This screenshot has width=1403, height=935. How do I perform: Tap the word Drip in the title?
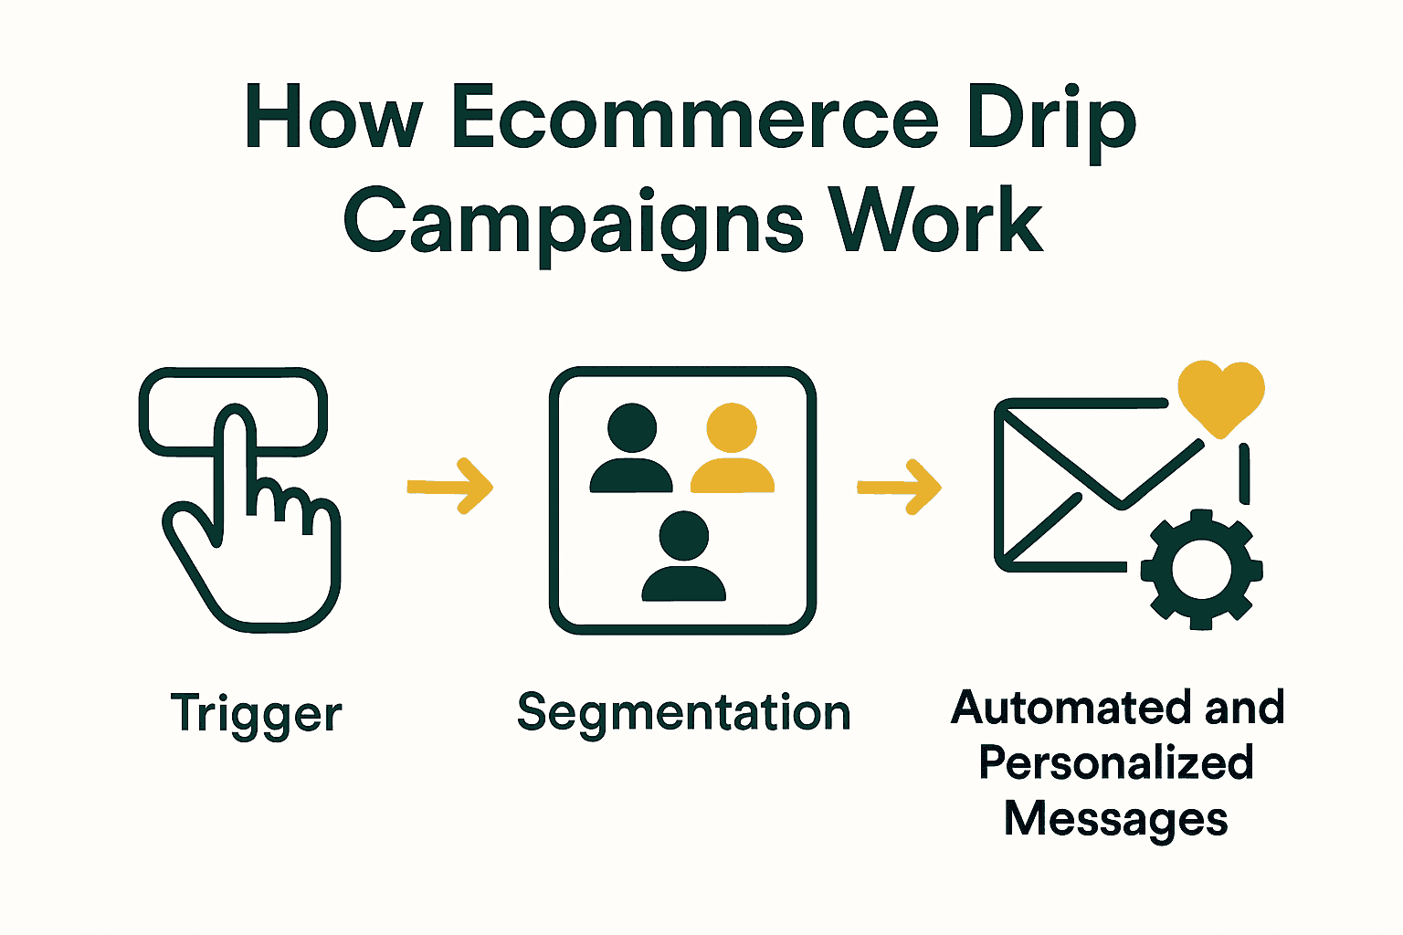coord(1050,119)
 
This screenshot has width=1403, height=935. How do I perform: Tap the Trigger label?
coord(257,713)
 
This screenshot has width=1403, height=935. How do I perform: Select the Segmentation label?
coord(683,712)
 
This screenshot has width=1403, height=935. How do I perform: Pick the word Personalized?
coord(1115,762)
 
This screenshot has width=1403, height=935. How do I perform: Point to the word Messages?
coord(1115,817)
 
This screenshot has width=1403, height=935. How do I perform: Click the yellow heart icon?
coord(1220,394)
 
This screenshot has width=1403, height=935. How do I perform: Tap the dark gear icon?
coord(1201,569)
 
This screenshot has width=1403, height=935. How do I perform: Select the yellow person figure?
coord(733,447)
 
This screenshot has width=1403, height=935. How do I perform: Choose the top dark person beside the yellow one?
coord(631,447)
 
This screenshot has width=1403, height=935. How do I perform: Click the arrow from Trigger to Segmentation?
coord(449,487)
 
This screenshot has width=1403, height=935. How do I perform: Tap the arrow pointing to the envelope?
coord(899,488)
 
